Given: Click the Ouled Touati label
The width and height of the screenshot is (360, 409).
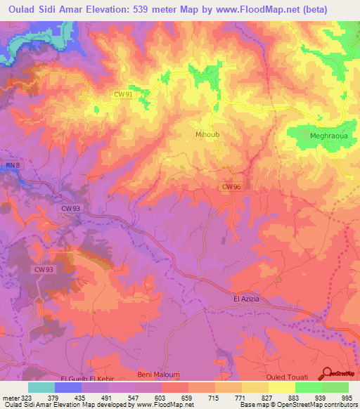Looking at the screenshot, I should tap(285, 377).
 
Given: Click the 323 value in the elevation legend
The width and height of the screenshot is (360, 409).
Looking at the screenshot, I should tap(26, 397).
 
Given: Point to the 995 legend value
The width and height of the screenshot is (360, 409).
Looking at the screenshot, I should tap(347, 397).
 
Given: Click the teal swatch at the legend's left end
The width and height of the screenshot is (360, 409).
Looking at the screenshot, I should tap(41, 387).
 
